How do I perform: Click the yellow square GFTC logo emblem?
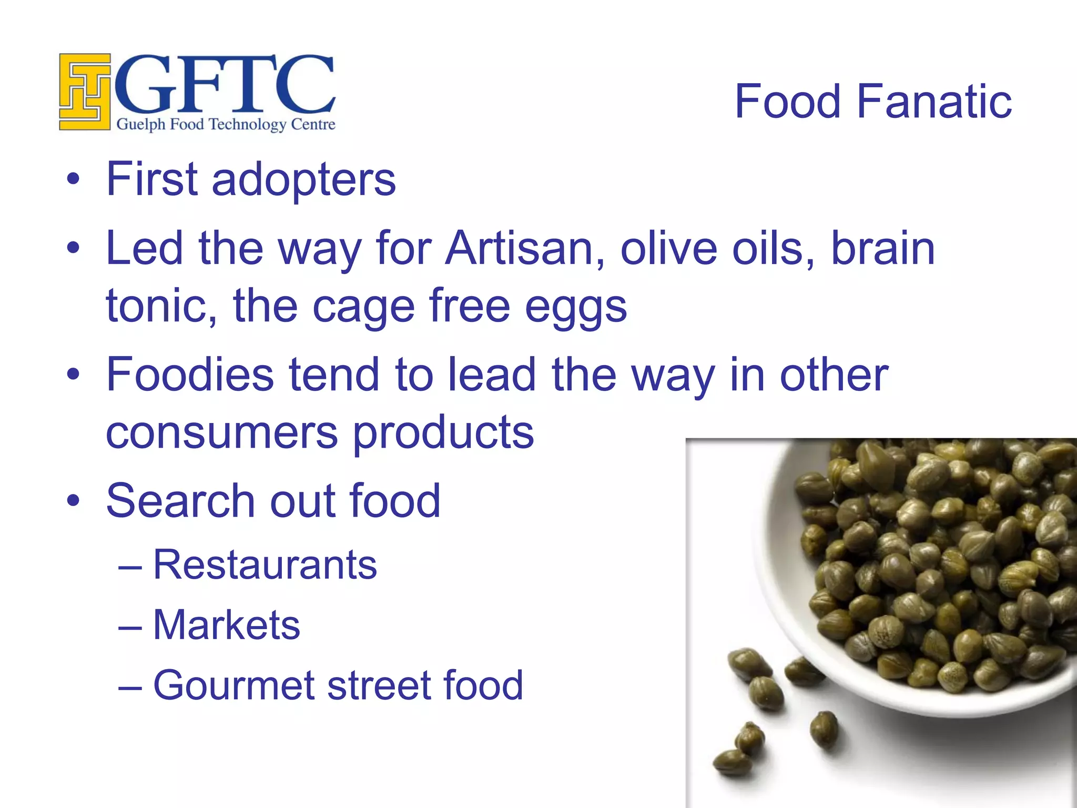click(x=84, y=92)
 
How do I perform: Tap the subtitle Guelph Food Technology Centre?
click(x=226, y=125)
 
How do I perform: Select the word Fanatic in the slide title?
click(x=934, y=102)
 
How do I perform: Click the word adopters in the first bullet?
click(x=303, y=180)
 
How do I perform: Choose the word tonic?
click(x=161, y=306)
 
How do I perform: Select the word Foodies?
click(x=190, y=375)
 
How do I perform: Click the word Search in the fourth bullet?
click(x=180, y=501)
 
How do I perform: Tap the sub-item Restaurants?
click(x=265, y=565)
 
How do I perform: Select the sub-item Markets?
click(x=226, y=625)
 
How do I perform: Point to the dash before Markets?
click(x=130, y=628)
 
